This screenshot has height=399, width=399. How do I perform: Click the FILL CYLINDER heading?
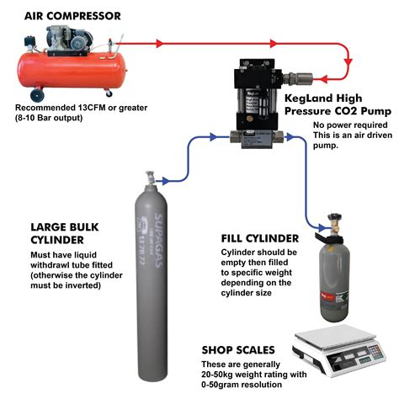(255, 238)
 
